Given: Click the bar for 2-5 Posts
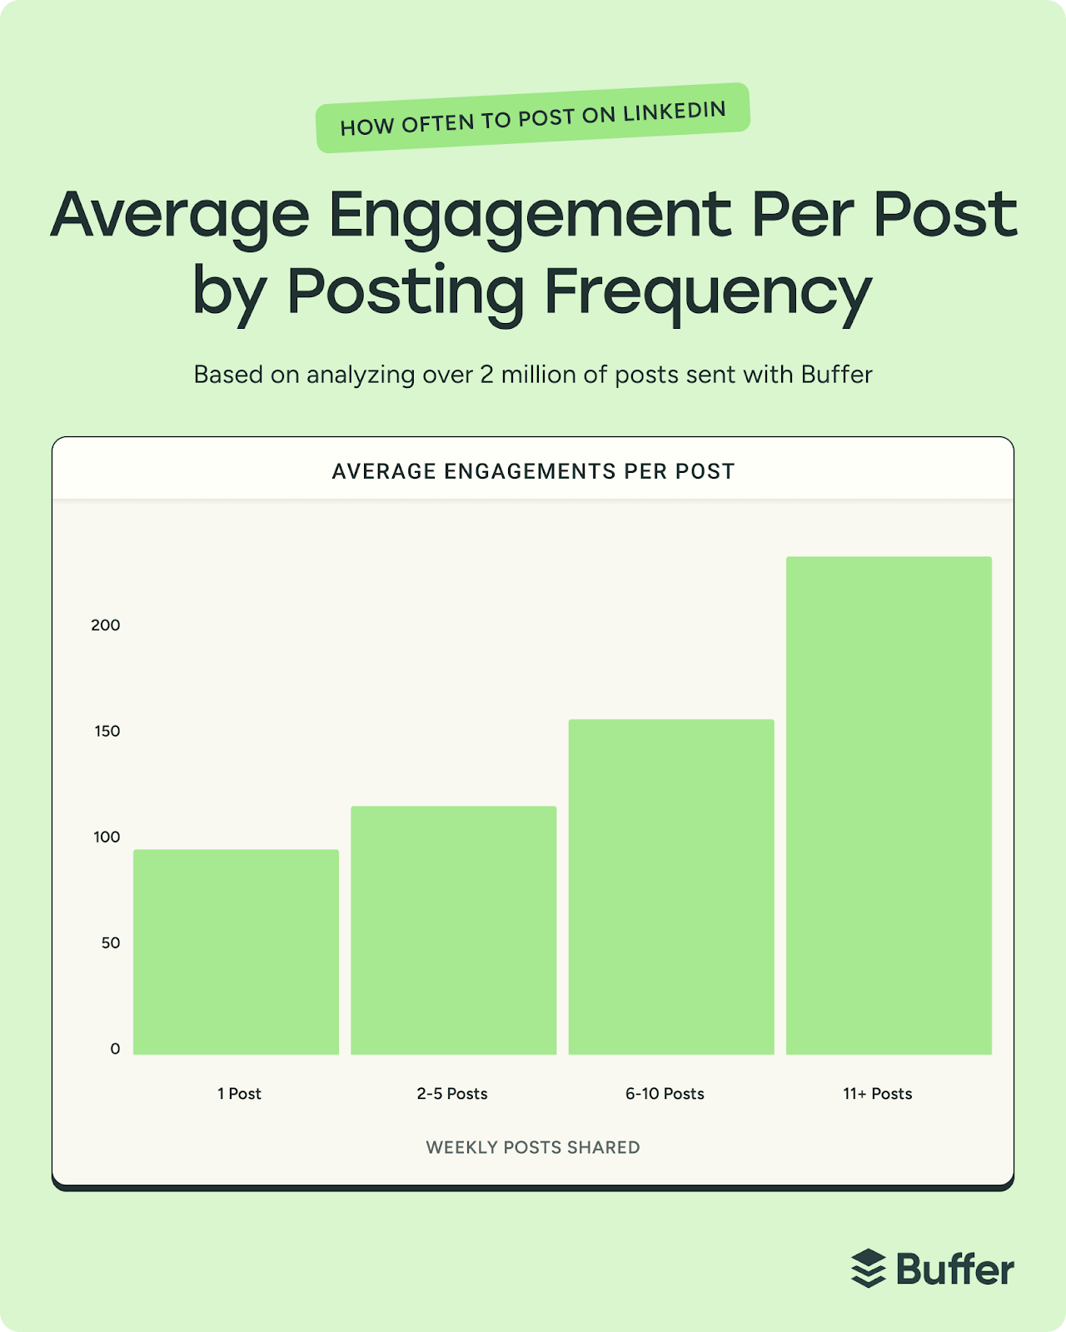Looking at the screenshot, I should (x=453, y=930).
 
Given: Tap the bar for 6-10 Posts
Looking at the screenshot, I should (x=671, y=887).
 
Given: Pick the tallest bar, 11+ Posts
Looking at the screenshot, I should (x=889, y=805).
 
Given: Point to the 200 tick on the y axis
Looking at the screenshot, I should (x=106, y=625).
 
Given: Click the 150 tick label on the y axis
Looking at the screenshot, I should (x=107, y=731).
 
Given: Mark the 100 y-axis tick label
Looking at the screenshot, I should (x=107, y=837).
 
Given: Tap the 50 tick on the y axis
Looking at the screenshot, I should (x=111, y=943).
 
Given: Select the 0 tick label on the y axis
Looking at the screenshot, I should (x=115, y=1049).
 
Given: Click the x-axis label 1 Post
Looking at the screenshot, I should (x=239, y=1094).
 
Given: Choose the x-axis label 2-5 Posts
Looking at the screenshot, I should (x=452, y=1094).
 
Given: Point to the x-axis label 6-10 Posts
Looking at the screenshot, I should (x=665, y=1094).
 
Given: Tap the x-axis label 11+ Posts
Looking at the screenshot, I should (x=877, y=1094).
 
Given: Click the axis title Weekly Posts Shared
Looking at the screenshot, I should (x=533, y=1147).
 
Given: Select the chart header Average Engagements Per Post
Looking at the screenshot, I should (x=533, y=471).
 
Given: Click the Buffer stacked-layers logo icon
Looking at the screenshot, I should (x=869, y=1269).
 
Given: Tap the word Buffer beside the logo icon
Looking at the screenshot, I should (x=955, y=1269).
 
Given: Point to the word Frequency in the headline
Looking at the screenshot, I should (x=708, y=291).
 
